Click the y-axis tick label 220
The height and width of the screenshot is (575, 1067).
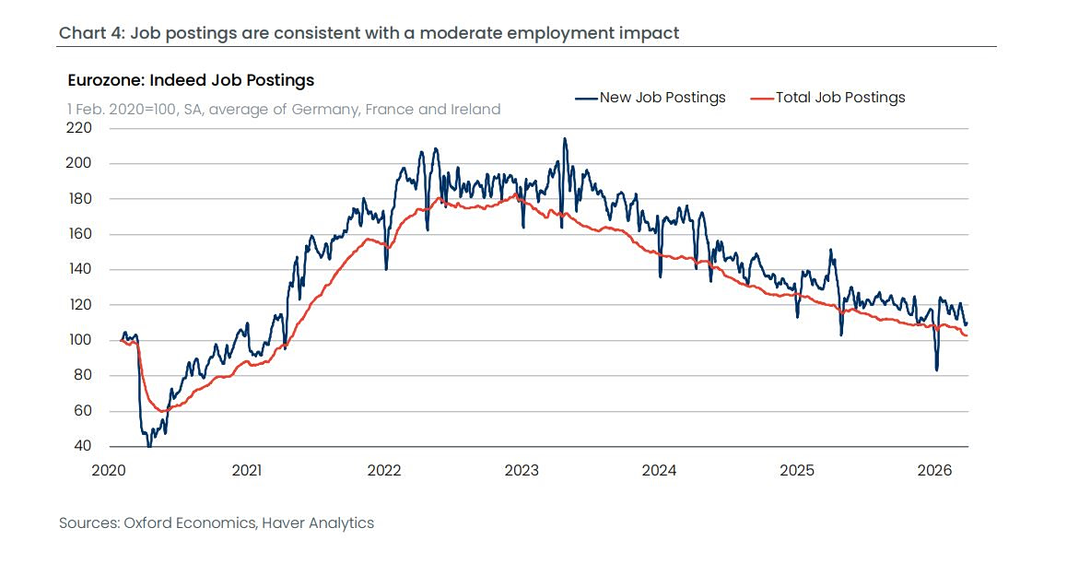click(x=78, y=128)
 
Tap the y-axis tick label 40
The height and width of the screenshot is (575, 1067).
click(x=82, y=446)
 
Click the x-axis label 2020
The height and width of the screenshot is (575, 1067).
click(x=109, y=470)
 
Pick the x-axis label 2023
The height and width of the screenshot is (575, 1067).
click(x=522, y=470)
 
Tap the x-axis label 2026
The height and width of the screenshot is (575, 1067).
click(x=935, y=470)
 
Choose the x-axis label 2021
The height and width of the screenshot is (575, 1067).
click(x=246, y=470)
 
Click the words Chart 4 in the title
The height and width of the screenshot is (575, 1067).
click(x=90, y=33)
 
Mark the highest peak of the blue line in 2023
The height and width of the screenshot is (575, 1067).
click(x=565, y=139)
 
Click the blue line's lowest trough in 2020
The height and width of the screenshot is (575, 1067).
click(x=149, y=445)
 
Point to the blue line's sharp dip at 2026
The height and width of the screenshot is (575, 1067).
click(x=937, y=370)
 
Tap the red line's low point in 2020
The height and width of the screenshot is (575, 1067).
click(x=161, y=411)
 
